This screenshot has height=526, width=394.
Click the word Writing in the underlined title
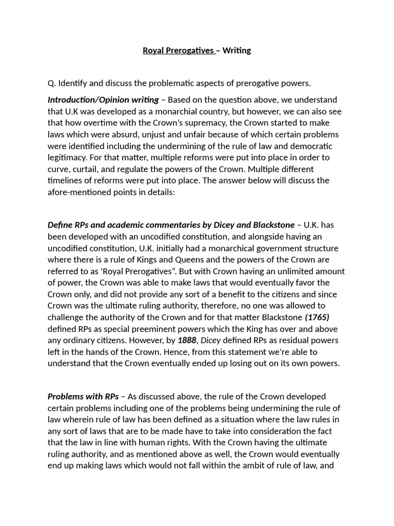237,50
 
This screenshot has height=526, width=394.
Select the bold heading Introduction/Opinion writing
103,100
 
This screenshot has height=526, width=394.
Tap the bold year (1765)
317,317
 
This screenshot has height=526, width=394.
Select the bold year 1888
187,340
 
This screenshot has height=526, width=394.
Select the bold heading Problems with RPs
83,397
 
